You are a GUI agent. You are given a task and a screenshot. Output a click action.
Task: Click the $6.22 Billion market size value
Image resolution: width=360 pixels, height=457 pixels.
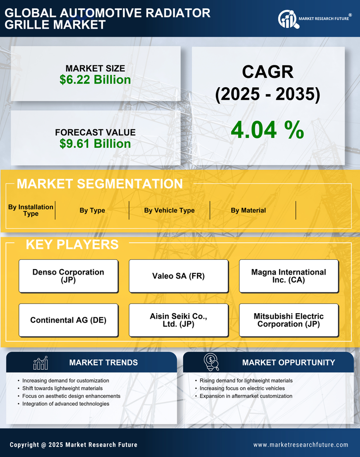(x=95, y=80)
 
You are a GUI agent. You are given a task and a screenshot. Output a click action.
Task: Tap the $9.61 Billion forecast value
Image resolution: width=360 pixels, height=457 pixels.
(x=95, y=144)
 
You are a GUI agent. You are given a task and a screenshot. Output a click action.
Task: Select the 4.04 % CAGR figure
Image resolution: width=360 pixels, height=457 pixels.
(x=267, y=130)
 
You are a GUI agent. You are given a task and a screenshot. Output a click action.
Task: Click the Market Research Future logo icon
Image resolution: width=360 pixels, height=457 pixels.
(x=287, y=19)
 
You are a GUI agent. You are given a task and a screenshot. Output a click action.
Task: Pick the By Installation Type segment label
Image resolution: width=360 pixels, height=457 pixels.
(x=31, y=210)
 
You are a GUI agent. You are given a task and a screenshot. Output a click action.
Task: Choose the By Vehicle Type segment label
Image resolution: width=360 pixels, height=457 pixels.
(x=169, y=210)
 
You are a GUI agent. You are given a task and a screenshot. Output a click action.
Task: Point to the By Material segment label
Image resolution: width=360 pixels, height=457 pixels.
(x=248, y=210)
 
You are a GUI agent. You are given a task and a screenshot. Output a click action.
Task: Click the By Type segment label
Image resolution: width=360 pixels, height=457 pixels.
(x=92, y=210)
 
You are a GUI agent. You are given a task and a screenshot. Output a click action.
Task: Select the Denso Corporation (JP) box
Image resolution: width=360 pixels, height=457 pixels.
(x=68, y=276)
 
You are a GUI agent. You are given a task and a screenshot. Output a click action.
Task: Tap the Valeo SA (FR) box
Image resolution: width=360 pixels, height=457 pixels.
(x=178, y=276)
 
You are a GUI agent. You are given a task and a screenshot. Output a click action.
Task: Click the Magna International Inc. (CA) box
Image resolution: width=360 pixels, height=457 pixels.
(x=289, y=276)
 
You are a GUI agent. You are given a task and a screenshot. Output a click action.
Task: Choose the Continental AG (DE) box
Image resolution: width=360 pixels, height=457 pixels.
(x=68, y=320)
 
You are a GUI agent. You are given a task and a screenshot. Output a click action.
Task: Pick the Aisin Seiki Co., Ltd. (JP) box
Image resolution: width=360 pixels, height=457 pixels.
(x=178, y=320)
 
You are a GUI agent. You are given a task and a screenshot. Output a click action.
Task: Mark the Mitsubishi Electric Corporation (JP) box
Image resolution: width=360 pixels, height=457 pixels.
(x=289, y=320)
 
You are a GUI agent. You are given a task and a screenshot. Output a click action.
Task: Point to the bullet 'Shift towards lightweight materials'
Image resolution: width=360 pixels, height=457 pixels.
(x=62, y=388)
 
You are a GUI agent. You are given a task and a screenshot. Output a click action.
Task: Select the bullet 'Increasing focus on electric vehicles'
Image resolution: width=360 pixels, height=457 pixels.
(x=242, y=388)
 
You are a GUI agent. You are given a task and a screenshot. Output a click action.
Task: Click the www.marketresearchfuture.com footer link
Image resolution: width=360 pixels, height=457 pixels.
(x=301, y=445)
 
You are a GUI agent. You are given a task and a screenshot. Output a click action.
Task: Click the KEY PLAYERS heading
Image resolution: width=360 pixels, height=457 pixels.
(x=72, y=244)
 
